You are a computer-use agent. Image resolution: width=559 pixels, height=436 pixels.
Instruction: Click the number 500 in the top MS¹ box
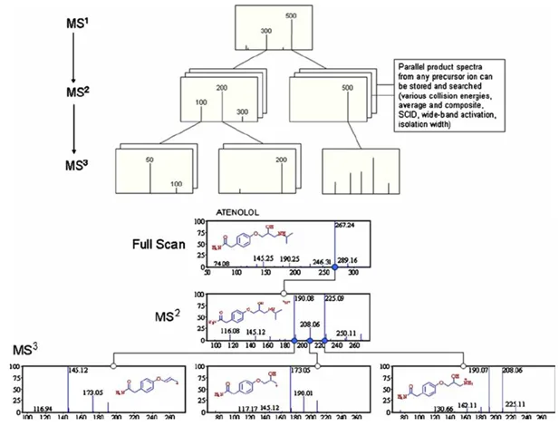point(291,15)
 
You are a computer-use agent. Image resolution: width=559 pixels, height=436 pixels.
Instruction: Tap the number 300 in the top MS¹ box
point(266,31)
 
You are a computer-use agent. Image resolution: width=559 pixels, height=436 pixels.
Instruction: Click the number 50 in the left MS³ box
point(149,159)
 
